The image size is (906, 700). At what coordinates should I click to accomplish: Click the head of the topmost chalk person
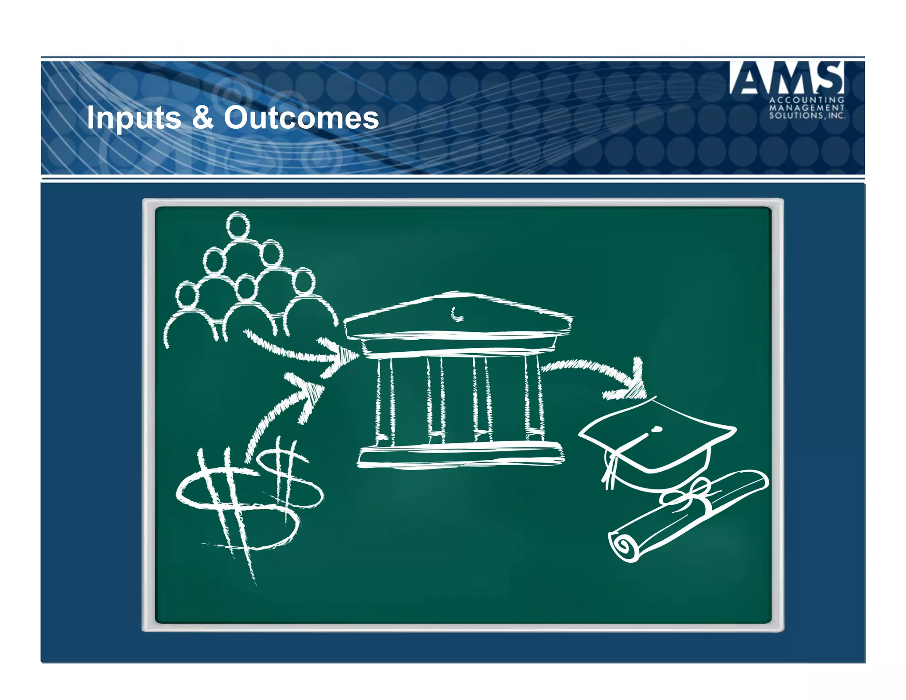[x=238, y=225]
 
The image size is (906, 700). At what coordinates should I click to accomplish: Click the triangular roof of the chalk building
[x=458, y=314]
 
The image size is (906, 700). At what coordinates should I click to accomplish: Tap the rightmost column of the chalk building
[x=533, y=398]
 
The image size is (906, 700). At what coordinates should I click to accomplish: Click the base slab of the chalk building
[x=460, y=456]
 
